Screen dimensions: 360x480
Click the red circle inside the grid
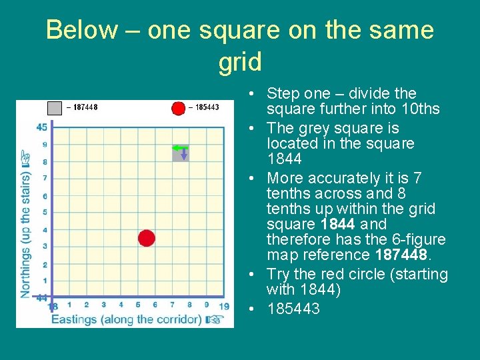[147, 238]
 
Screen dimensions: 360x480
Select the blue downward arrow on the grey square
[184, 154]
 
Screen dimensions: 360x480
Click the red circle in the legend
[178, 108]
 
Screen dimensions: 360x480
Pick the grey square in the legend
[55, 107]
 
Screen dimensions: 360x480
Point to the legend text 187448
[85, 107]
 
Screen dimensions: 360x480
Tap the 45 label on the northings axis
[41, 127]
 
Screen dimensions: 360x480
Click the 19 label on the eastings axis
[224, 306]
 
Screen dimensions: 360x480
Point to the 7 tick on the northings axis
[44, 178]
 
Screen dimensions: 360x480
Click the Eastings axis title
[127, 319]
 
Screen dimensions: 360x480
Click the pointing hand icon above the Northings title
[26, 158]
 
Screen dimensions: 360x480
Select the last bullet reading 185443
[293, 309]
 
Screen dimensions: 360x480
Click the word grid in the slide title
[240, 62]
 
